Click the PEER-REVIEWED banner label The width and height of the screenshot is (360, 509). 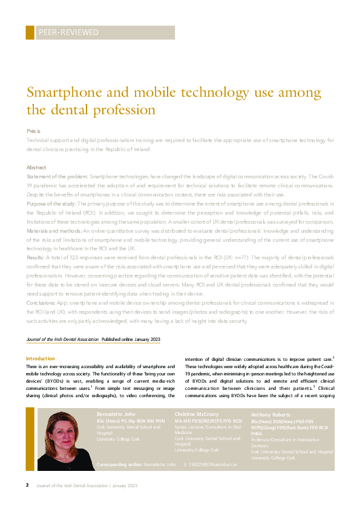[x=68, y=33]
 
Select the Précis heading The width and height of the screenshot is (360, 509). [x=33, y=131]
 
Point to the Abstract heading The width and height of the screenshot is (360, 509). [x=37, y=166]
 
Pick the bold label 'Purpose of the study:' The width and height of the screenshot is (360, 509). [x=51, y=204]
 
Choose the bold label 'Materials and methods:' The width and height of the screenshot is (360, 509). [x=54, y=231]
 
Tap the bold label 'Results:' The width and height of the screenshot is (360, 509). [x=36, y=258]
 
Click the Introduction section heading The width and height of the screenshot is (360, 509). [x=40, y=358]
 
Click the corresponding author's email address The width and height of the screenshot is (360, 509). [x=214, y=464]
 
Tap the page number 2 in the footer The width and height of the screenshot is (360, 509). [x=27, y=485]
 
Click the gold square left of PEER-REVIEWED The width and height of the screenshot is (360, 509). [x=30, y=33]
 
